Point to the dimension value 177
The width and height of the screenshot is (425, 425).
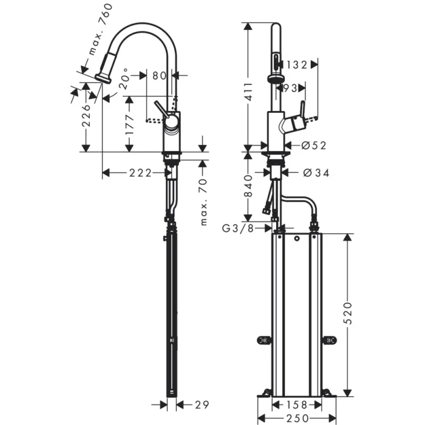[x=129, y=123]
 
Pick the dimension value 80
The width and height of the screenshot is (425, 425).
[x=159, y=75]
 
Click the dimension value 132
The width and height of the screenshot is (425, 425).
[x=297, y=63]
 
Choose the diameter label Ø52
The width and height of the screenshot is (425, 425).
[x=314, y=145]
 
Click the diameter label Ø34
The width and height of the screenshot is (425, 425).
[x=315, y=173]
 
